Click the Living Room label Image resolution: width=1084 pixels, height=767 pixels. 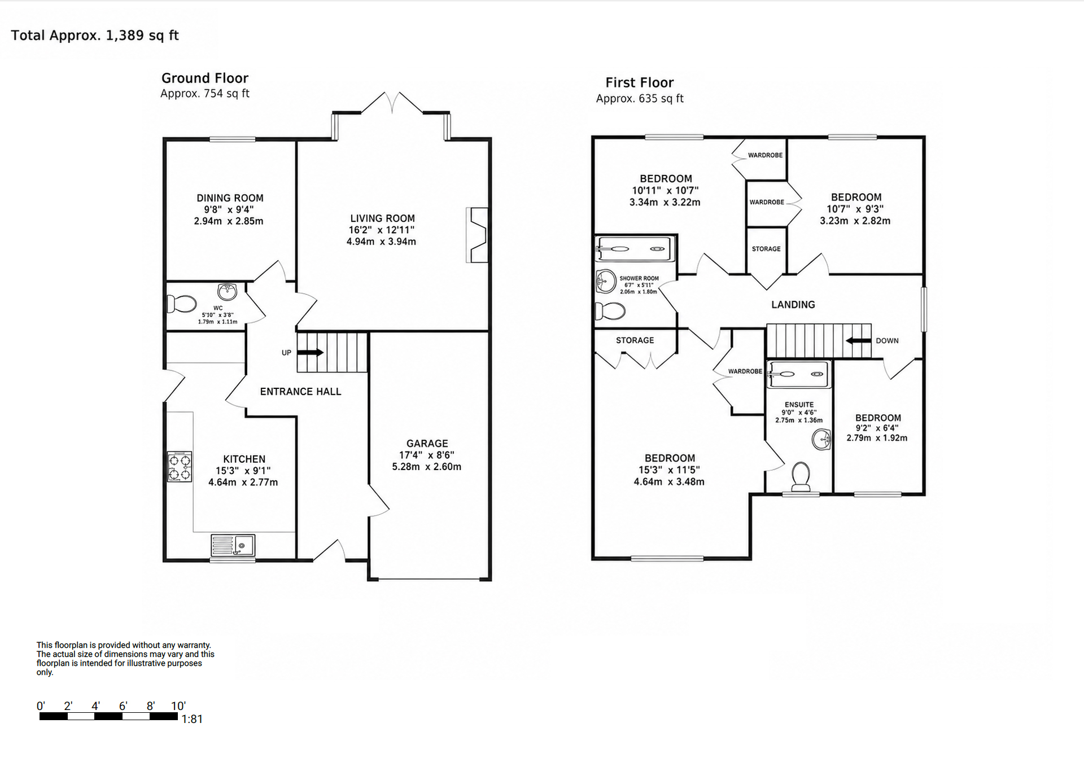(382, 218)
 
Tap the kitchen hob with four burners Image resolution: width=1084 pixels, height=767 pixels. (180, 467)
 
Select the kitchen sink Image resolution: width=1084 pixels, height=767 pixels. (233, 545)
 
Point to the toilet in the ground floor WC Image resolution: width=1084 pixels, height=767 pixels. (181, 304)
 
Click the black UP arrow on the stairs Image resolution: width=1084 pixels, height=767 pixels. (310, 353)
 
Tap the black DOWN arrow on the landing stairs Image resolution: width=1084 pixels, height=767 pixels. (858, 341)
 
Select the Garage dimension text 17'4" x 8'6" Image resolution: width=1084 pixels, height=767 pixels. (427, 455)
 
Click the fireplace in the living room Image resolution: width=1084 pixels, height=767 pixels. (477, 235)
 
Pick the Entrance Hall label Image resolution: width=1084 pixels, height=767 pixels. (300, 392)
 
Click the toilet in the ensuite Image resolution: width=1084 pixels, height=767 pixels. (801, 476)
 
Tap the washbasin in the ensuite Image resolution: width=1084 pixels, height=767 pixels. (821, 439)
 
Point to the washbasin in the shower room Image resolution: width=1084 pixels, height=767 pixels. (606, 280)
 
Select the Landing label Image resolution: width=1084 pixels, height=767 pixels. (793, 305)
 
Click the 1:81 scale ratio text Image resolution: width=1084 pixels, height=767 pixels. (192, 719)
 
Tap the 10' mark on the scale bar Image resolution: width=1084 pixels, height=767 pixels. (178, 706)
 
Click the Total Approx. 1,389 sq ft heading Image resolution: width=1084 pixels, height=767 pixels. (95, 36)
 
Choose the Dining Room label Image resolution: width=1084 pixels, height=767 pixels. (230, 198)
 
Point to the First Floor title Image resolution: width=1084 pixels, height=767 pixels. (640, 82)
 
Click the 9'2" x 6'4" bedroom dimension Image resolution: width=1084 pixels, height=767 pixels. (877, 428)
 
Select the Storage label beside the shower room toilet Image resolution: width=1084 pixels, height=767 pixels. (635, 340)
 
